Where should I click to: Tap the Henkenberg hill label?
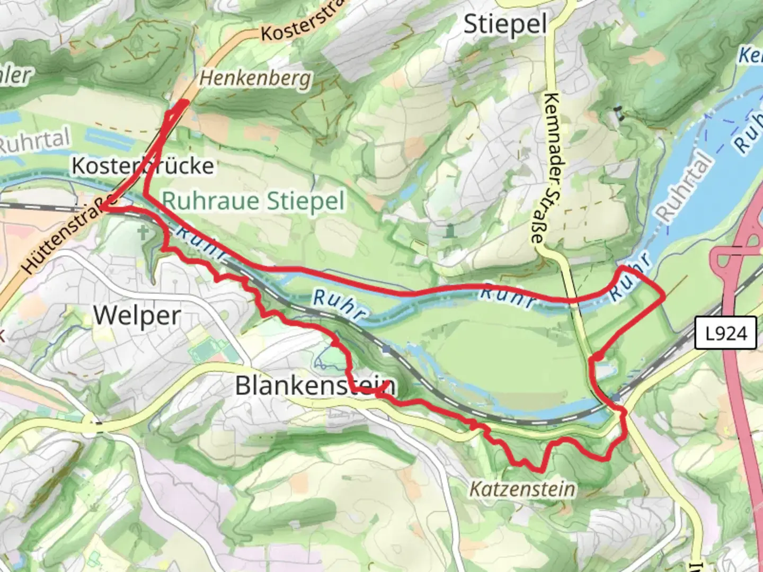[x=255, y=78]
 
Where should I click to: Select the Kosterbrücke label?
[x=143, y=166]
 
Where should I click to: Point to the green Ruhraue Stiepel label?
[x=253, y=202]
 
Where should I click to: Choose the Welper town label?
[x=137, y=316]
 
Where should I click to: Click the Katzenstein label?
[x=522, y=488]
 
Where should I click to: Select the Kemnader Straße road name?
[x=551, y=168]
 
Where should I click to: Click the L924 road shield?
[x=725, y=334]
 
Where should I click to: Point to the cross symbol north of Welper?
[x=143, y=231]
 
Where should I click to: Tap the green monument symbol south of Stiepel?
[x=450, y=231]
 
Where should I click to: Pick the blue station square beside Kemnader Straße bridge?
[x=615, y=397]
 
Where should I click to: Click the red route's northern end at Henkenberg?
[x=185, y=102]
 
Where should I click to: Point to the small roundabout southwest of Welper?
[x=94, y=423]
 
